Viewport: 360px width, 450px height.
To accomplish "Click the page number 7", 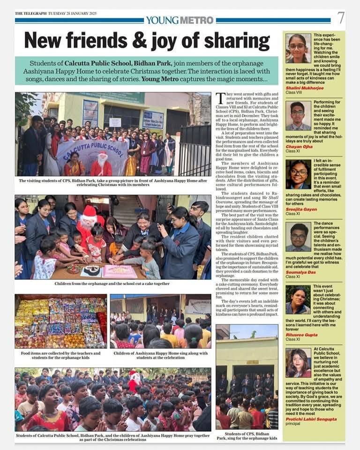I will pyautogui.click(x=341, y=18).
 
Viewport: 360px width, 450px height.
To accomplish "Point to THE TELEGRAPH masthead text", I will pyautogui.click(x=30, y=13).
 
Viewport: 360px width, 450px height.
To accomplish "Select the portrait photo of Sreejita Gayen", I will pyautogui.click(x=298, y=174).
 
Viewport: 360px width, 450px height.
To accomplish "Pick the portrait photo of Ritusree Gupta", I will pyautogui.click(x=298, y=299).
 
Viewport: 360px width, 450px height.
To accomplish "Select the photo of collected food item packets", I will pyautogui.click(x=60, y=321).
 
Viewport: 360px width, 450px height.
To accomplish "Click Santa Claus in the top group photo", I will pyautogui.click(x=102, y=165).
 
